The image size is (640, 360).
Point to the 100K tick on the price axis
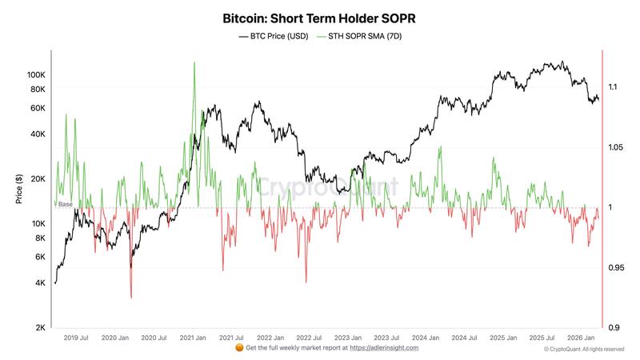[36, 74]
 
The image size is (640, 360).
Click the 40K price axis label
[38, 134]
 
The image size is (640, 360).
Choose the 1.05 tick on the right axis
[614, 147]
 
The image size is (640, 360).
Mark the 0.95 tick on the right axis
[614, 267]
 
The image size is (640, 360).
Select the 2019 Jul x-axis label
[77, 338]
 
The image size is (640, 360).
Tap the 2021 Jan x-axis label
[193, 338]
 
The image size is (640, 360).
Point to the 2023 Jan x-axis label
[348, 338]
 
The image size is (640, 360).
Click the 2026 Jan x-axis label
[580, 338]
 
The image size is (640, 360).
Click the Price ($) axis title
[18, 189]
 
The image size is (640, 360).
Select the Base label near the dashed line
[65, 205]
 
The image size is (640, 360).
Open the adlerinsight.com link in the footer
[384, 348]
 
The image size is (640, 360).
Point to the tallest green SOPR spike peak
[194, 62]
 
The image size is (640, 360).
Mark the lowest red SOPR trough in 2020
[130, 298]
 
